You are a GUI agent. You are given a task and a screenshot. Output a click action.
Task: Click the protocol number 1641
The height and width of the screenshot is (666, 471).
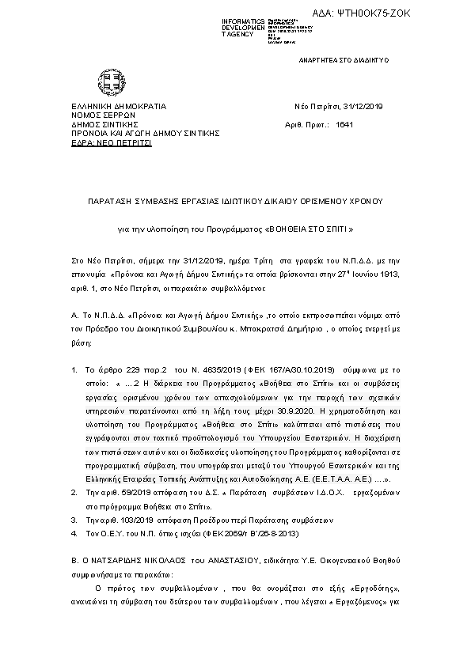click(344, 125)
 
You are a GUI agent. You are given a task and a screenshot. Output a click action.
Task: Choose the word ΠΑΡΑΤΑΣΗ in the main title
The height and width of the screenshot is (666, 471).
click(109, 202)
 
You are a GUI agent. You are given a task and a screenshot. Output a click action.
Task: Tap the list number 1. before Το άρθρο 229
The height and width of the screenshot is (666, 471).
click(74, 369)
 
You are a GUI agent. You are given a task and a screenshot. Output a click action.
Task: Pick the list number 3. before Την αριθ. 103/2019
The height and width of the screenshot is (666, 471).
click(74, 520)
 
